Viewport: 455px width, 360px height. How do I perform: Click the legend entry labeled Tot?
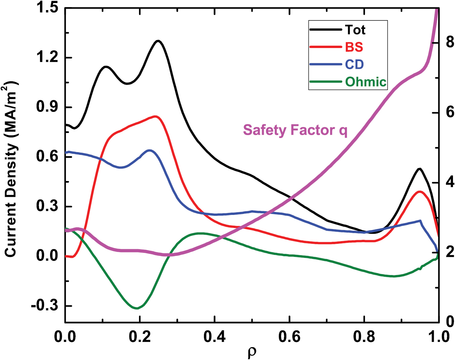[x=355, y=30]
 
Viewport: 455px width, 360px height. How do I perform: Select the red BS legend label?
[x=354, y=47]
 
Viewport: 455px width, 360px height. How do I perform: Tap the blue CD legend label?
[x=354, y=64]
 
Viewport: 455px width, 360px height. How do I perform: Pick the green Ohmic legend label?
[x=366, y=82]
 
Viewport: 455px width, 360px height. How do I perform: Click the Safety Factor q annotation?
[x=295, y=130]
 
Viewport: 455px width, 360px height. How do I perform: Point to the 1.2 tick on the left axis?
[x=47, y=58]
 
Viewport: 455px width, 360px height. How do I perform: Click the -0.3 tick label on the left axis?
[x=44, y=306]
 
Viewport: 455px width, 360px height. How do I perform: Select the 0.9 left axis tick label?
[x=47, y=107]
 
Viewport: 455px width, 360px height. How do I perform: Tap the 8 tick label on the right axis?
[x=449, y=43]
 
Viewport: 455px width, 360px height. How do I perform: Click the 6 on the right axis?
[x=449, y=113]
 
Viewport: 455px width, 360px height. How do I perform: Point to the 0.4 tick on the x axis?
[x=214, y=337]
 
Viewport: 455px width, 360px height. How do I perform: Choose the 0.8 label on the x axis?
[x=364, y=337]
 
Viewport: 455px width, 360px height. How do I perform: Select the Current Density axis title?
[x=11, y=170]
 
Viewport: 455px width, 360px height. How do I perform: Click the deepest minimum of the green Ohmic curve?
[x=136, y=308]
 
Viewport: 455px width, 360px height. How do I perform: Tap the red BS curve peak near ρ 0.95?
[x=420, y=191]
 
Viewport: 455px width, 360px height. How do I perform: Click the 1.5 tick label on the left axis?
[x=47, y=8]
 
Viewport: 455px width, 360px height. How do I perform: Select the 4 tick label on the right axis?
[x=449, y=183]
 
